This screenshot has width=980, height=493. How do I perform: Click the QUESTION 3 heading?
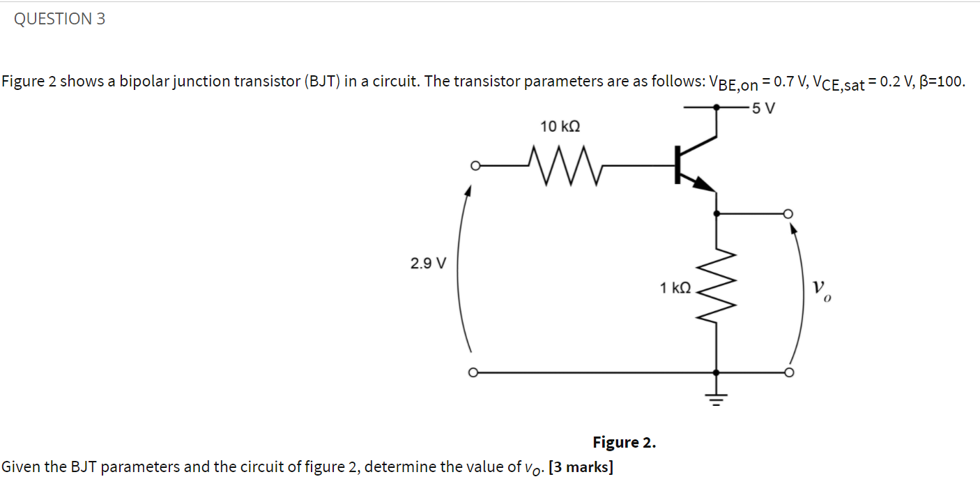click(x=60, y=20)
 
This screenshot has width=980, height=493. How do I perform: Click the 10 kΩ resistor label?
click(x=560, y=127)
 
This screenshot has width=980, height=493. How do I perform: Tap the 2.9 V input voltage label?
click(x=428, y=264)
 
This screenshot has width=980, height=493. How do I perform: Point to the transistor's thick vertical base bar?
click(x=676, y=165)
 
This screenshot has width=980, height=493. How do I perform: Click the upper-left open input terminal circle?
click(x=475, y=166)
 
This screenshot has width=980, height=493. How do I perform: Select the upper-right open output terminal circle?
click(x=788, y=213)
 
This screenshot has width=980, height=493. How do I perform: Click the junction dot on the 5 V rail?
click(x=717, y=108)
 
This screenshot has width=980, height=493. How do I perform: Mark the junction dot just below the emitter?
click(x=717, y=213)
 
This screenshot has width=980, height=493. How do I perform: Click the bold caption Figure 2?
click(x=624, y=442)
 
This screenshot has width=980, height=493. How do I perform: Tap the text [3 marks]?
click(x=581, y=467)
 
